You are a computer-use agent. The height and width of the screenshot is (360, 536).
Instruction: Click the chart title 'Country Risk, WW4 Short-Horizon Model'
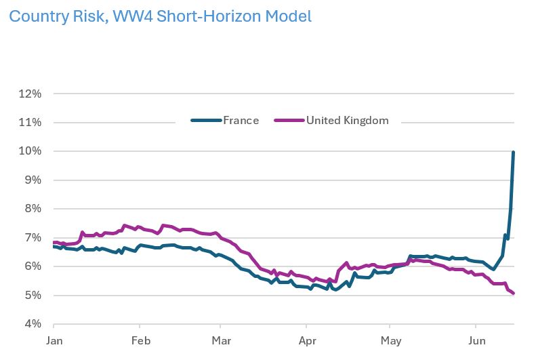click(x=160, y=16)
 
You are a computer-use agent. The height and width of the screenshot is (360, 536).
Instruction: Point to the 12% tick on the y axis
click(x=30, y=94)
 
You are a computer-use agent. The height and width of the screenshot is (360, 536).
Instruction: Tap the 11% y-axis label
click(x=30, y=123)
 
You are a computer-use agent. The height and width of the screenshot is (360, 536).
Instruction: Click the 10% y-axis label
click(x=30, y=151)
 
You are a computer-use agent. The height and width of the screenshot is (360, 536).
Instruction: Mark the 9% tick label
click(x=33, y=180)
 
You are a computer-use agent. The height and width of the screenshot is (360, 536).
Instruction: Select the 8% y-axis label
click(x=33, y=209)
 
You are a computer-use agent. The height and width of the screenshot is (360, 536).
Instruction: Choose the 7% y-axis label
click(x=33, y=238)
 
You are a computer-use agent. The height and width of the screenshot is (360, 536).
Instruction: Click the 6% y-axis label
click(x=33, y=266)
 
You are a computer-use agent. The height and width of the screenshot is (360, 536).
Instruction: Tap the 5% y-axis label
click(x=33, y=296)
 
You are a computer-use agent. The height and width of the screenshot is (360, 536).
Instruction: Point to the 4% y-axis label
click(x=33, y=324)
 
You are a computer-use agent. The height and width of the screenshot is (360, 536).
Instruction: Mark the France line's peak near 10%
click(x=513, y=153)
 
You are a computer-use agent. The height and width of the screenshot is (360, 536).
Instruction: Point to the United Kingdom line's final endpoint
click(x=513, y=293)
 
